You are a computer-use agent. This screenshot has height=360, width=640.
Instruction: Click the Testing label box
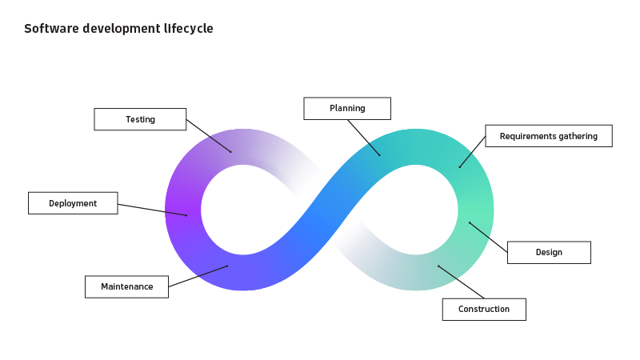coord(140,119)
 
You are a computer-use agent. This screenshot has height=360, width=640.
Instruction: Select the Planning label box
coord(347,108)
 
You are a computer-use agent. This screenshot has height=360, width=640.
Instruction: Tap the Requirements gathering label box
coord(549,136)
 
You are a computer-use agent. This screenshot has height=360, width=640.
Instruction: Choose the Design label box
coord(549,252)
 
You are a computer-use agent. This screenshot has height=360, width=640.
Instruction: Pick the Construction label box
coord(484,309)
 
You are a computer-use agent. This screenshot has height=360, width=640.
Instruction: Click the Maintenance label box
coord(126,286)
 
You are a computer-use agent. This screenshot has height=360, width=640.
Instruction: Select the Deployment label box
coord(73,203)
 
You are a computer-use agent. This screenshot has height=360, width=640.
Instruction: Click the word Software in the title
coord(48,29)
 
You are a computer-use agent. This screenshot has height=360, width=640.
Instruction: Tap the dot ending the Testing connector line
coord(231,151)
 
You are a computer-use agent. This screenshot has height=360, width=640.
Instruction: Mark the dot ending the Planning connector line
coord(380,154)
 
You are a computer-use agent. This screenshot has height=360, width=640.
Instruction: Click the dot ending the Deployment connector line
coord(187,214)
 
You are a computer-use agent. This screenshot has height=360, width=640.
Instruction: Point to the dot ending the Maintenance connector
coord(227,266)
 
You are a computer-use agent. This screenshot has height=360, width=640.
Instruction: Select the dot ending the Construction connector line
coord(438,266)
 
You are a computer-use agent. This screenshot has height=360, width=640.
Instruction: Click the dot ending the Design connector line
coord(470,223)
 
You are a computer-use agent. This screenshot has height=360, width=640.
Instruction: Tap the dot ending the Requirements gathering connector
coord(459,166)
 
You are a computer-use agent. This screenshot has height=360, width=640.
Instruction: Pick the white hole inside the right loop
coord(416,210)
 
